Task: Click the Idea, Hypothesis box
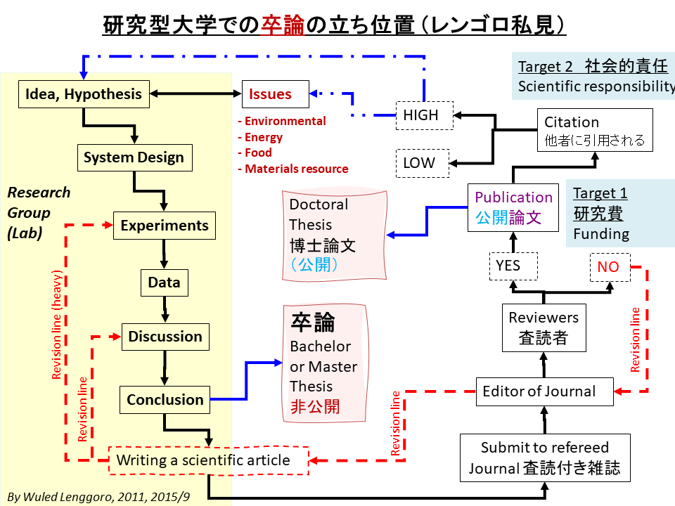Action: (x=84, y=94)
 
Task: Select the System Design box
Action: (x=134, y=158)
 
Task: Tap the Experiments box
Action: (x=165, y=226)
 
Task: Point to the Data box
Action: (x=164, y=283)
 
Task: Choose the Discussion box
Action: (x=165, y=337)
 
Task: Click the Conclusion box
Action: (x=165, y=400)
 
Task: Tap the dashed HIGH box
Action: (x=421, y=115)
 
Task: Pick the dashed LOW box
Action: (x=419, y=164)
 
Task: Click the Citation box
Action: (x=595, y=130)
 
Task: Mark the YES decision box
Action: (x=513, y=266)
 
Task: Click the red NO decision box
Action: (x=608, y=266)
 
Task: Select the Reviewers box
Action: (x=544, y=327)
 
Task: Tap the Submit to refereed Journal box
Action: (x=544, y=458)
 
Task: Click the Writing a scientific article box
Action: (x=209, y=461)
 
